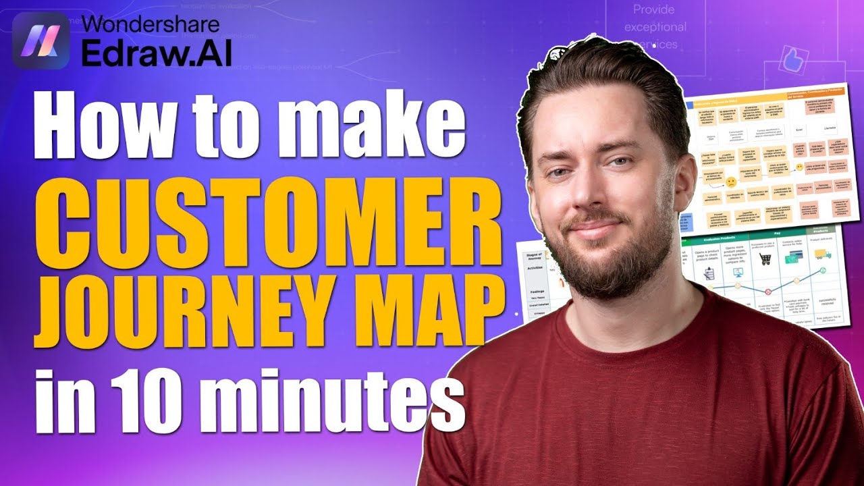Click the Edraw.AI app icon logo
coord(40,40)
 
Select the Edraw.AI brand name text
coord(156,55)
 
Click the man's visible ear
coord(683,181)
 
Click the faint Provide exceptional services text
coord(655,28)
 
